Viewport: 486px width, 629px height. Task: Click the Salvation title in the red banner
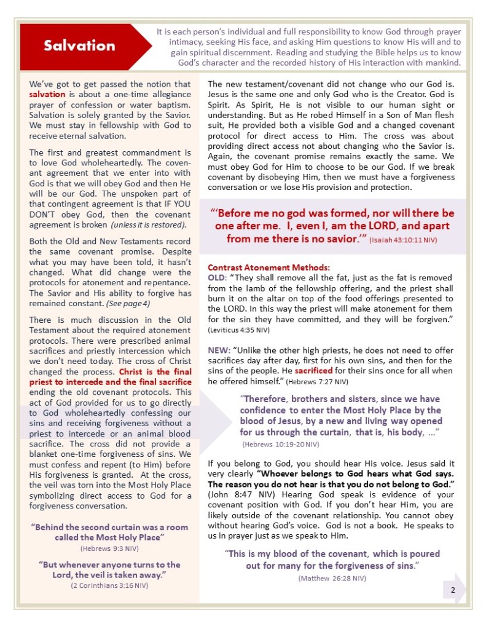coord(79,45)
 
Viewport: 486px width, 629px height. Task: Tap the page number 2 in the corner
coord(452,590)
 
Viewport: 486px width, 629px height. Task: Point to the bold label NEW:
coord(218,350)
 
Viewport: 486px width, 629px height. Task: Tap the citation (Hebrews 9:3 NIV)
coord(109,547)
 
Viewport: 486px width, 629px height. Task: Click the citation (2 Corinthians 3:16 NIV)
coord(109,585)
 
